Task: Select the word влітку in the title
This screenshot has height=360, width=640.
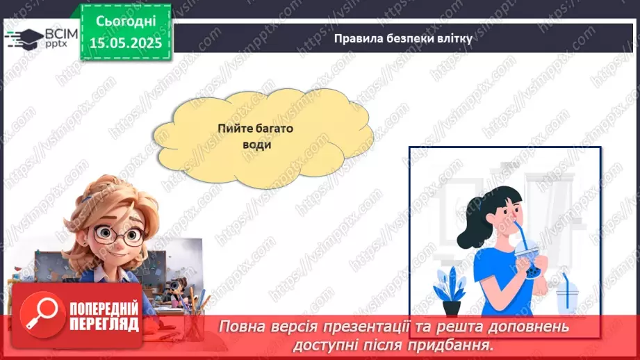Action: (455, 39)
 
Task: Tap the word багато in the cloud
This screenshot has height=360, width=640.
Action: (278, 129)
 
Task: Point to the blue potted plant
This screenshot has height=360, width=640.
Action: (450, 288)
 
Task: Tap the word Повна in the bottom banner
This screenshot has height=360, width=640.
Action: (240, 327)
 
